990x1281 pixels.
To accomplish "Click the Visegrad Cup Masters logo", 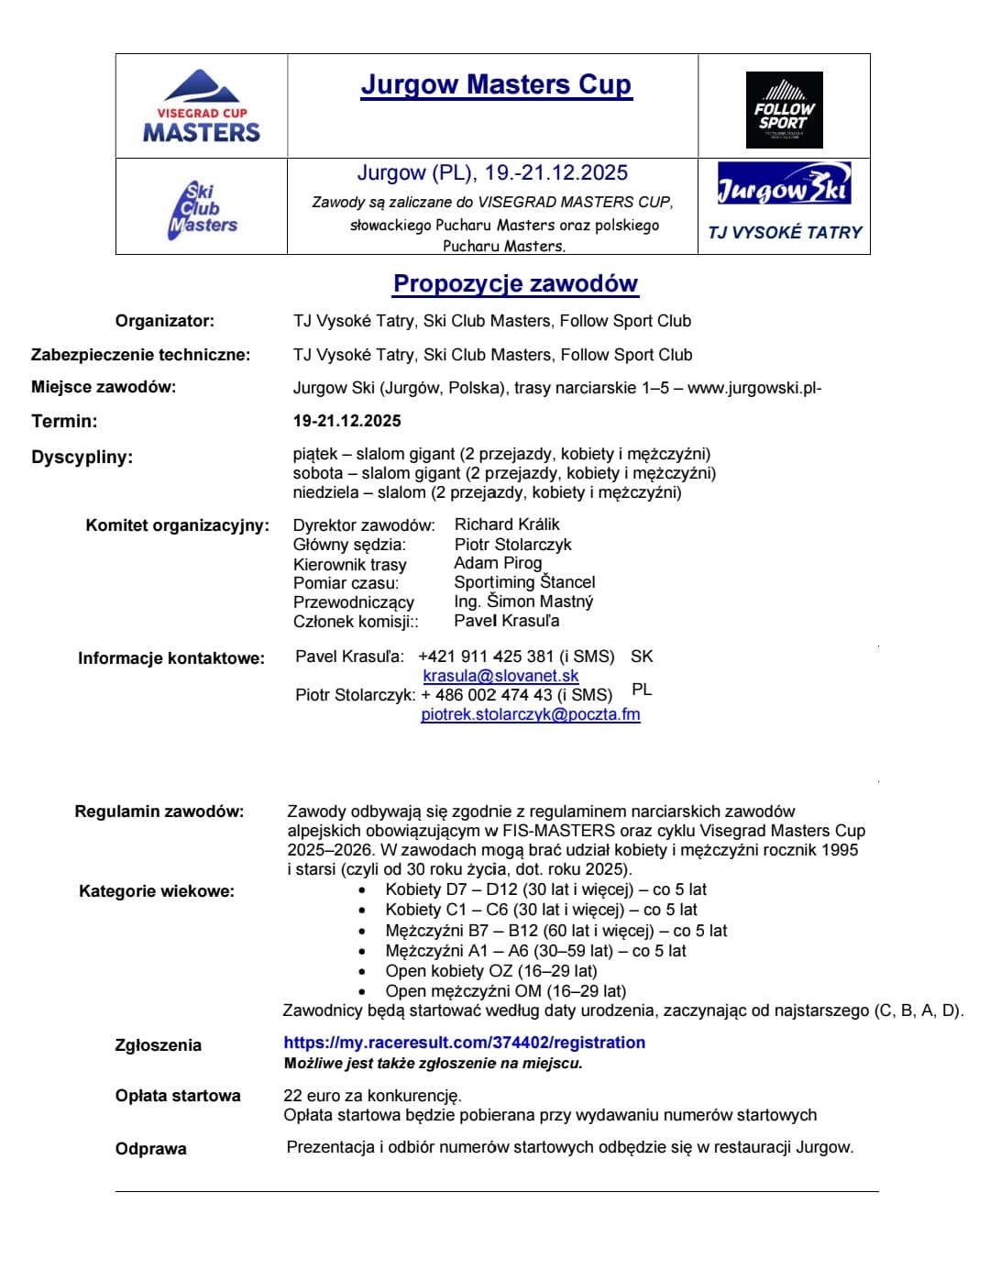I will [202, 107].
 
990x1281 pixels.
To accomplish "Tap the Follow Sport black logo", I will [784, 110].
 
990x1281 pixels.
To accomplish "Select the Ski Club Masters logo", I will [203, 210].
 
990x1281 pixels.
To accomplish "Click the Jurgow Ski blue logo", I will [784, 184].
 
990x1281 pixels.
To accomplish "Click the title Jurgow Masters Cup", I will [496, 84].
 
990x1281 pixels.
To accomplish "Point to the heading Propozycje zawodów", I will [515, 283].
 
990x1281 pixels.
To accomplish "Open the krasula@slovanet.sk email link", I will [500, 676].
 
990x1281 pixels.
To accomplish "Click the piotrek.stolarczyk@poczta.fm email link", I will [530, 714].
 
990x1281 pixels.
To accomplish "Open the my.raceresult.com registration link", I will [464, 1043].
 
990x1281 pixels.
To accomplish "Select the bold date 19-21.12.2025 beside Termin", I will [346, 421].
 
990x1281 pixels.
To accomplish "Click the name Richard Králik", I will [507, 525].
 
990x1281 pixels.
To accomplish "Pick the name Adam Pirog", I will [498, 563].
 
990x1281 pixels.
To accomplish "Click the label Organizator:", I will [164, 321].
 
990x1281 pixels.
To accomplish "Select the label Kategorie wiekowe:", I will [156, 891].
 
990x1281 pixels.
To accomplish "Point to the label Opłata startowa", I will [178, 1096].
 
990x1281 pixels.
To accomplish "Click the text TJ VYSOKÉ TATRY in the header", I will [785, 233].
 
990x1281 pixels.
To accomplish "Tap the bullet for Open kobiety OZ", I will [363, 971].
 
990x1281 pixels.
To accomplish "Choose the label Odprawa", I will [150, 1149].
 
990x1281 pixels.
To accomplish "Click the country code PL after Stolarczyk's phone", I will [642, 690].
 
